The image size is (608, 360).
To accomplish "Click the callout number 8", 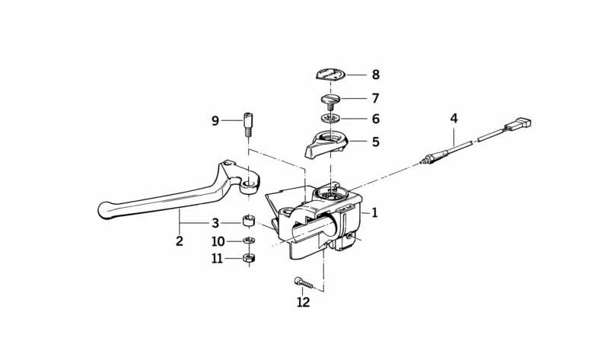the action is [x=375, y=75].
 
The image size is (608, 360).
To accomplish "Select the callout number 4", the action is [x=454, y=118].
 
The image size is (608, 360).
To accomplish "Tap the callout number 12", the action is [x=304, y=302].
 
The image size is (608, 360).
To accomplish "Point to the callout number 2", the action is [x=179, y=241].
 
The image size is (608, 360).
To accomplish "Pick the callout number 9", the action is [x=215, y=121].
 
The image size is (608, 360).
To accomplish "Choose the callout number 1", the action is [x=374, y=212].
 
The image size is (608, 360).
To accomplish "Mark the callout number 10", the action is [x=218, y=242].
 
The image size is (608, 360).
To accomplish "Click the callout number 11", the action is [x=217, y=258].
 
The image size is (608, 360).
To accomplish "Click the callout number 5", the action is [x=375, y=142].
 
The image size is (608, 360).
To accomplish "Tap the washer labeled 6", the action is [x=330, y=118].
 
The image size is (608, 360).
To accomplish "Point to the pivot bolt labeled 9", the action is [x=248, y=124].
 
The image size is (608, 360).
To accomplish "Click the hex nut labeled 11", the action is [x=248, y=258].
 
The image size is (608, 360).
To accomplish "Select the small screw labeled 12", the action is [x=303, y=282].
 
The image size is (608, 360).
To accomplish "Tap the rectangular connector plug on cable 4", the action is [x=518, y=124].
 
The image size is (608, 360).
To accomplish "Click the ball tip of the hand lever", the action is [x=106, y=210].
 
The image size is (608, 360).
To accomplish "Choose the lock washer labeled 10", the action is [x=248, y=241].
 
